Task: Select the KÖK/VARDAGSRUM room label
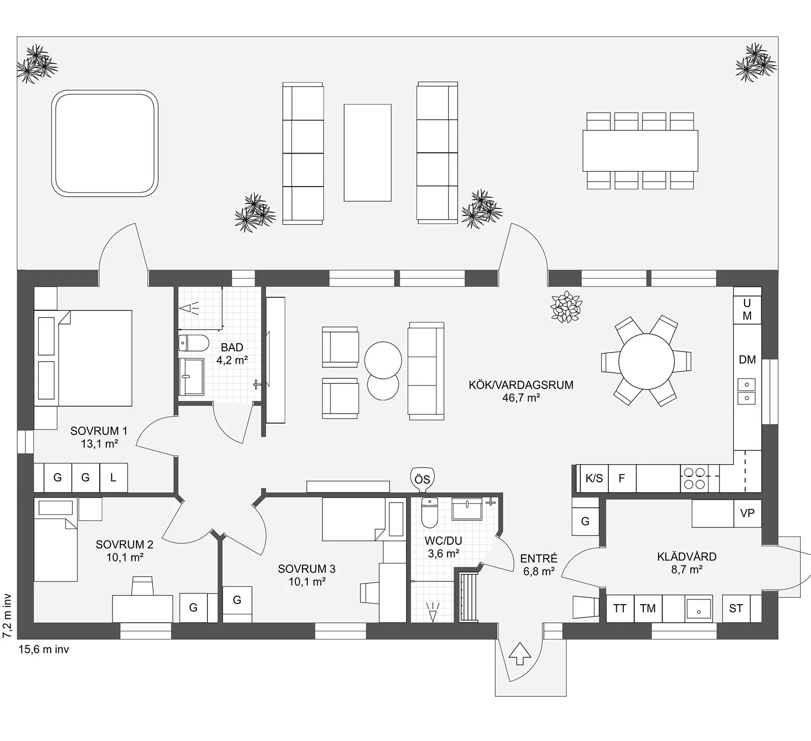(x=521, y=384)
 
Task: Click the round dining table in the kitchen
(x=646, y=361)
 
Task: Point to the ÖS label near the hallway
(x=422, y=479)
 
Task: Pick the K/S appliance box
(x=594, y=478)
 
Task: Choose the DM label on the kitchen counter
(x=747, y=360)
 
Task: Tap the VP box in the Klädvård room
(x=747, y=513)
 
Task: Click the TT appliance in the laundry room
(x=620, y=609)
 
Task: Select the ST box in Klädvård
(x=736, y=609)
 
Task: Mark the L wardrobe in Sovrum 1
(x=114, y=477)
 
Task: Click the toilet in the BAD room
(x=194, y=343)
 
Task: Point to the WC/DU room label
(x=444, y=541)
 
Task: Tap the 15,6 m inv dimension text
(x=44, y=649)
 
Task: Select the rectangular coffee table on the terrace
(x=367, y=153)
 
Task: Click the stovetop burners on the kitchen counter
(x=694, y=478)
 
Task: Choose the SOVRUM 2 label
(x=124, y=545)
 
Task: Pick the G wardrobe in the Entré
(x=585, y=521)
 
